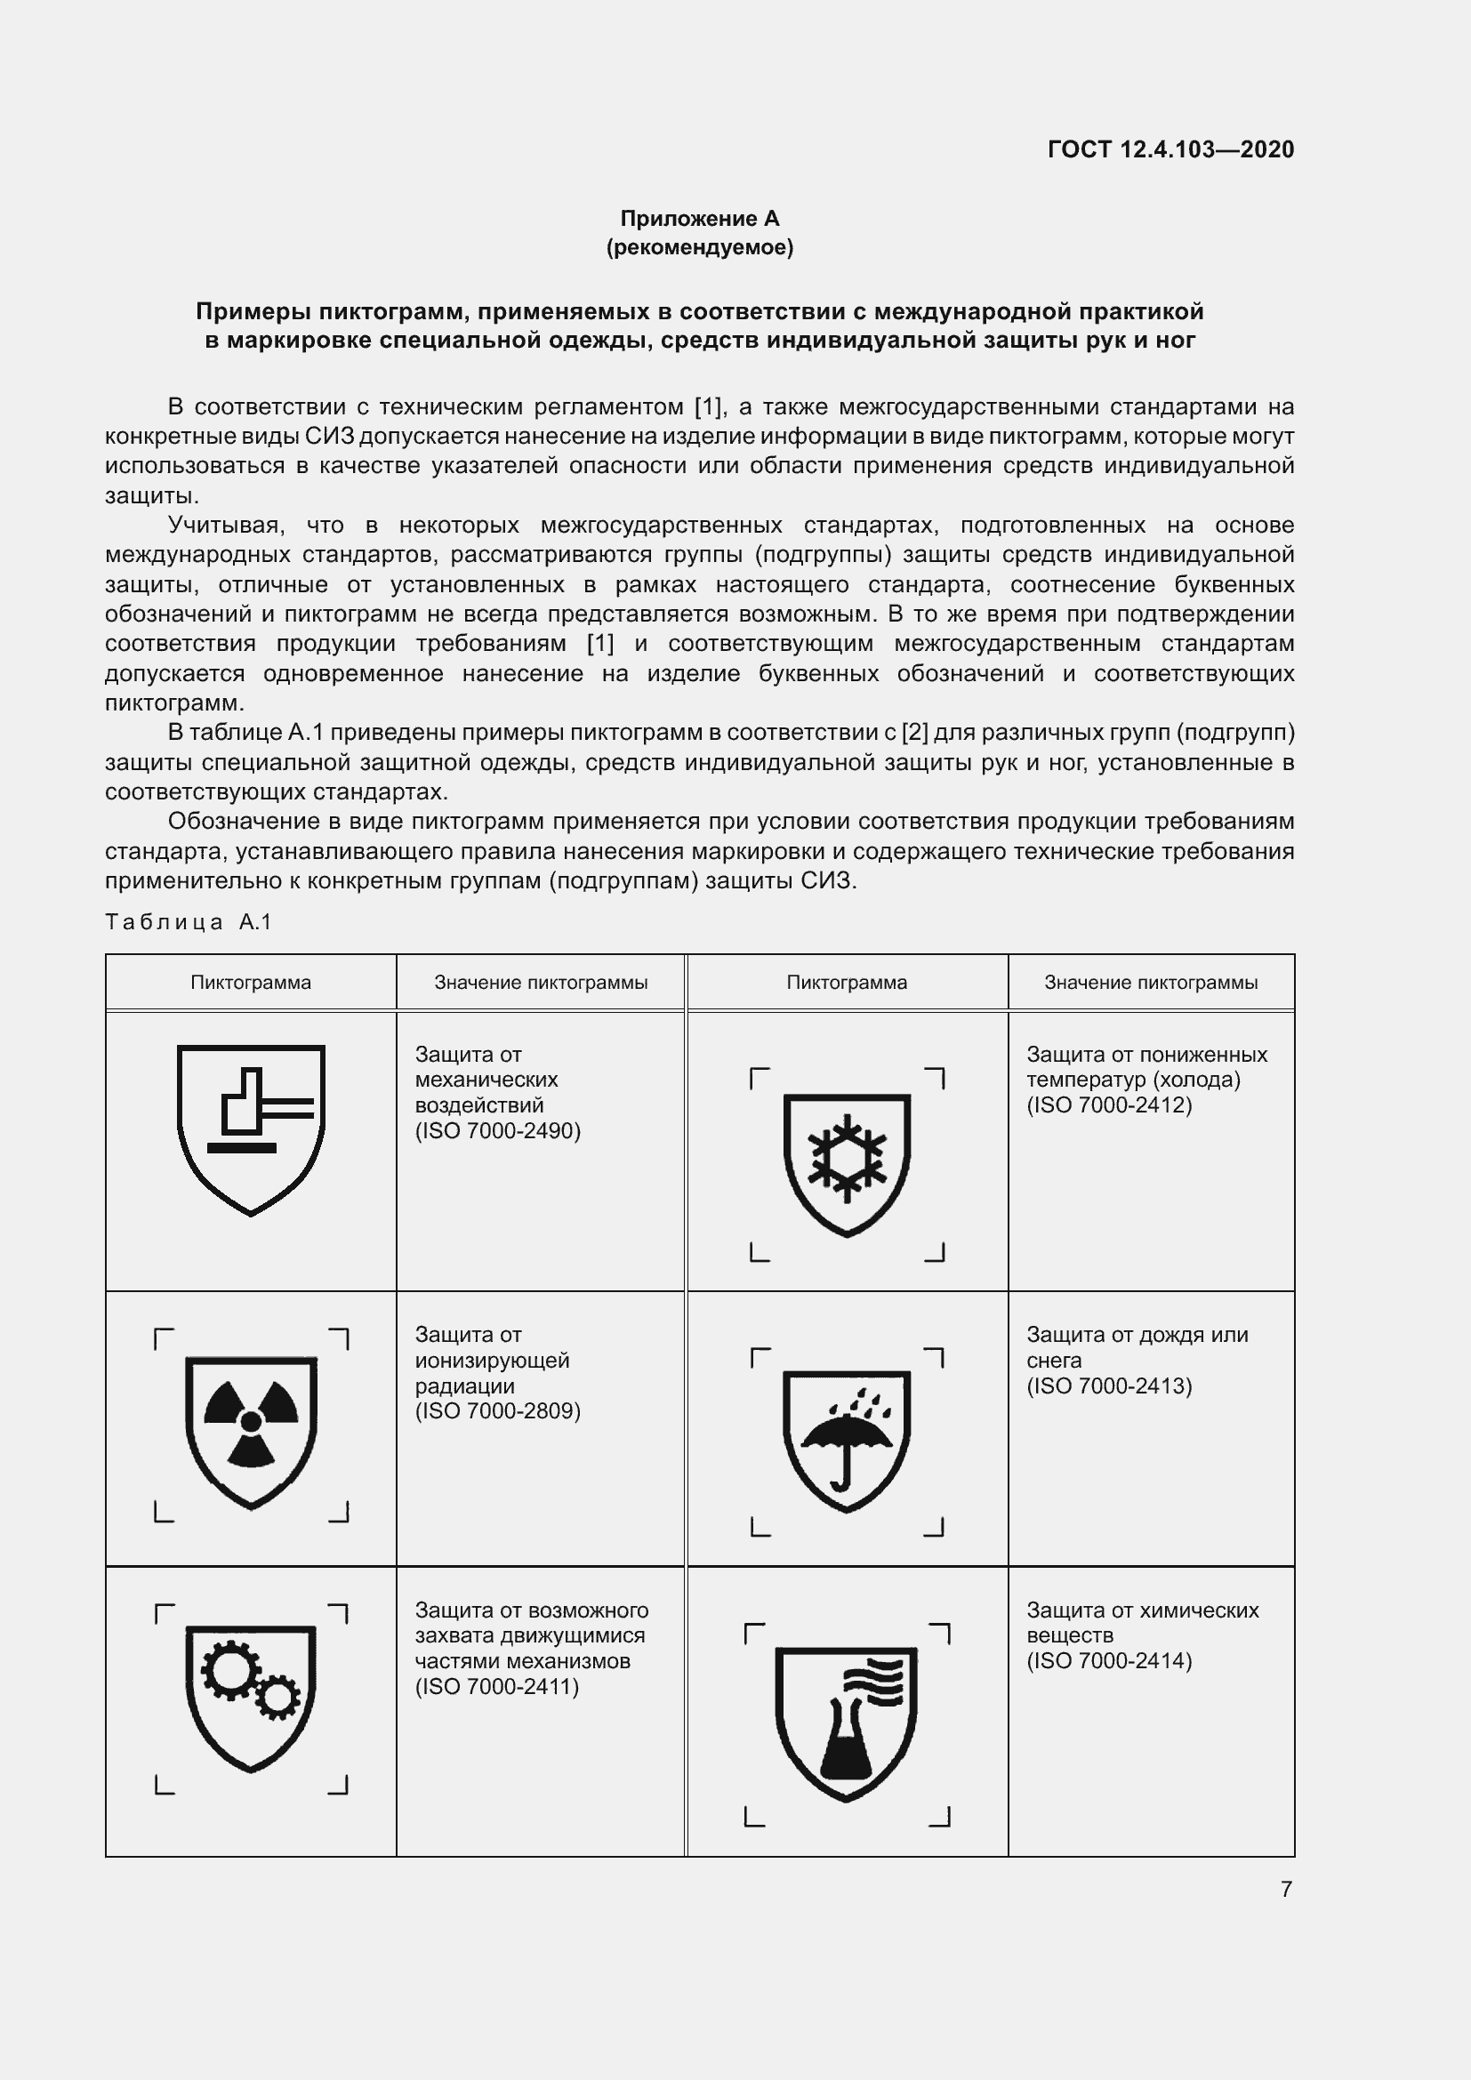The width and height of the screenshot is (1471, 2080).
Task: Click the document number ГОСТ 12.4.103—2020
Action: click(1170, 149)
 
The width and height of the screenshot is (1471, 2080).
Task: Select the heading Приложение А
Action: click(699, 219)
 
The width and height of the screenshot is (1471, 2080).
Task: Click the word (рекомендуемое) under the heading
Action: click(699, 247)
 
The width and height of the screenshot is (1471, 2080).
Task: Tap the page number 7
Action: click(1286, 1889)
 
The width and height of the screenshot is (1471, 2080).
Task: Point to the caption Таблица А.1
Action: click(189, 922)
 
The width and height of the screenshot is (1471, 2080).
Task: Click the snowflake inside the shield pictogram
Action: click(847, 1158)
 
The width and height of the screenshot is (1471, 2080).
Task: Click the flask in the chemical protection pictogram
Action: click(844, 1738)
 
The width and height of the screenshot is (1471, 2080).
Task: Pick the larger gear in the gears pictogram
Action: click(230, 1670)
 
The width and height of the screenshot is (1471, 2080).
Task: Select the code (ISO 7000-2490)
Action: click(497, 1130)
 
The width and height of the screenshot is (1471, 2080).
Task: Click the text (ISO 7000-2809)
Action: click(497, 1410)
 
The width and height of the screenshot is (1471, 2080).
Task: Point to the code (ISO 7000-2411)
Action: click(496, 1686)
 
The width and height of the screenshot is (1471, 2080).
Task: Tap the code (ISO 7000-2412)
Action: click(1109, 1105)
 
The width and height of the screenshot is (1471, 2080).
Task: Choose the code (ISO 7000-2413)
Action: click(1109, 1385)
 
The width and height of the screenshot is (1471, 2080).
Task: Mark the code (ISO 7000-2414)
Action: click(1109, 1660)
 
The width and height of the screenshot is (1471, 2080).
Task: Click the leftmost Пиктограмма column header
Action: click(251, 983)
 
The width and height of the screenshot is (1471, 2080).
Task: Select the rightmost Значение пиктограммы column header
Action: click(1150, 983)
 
